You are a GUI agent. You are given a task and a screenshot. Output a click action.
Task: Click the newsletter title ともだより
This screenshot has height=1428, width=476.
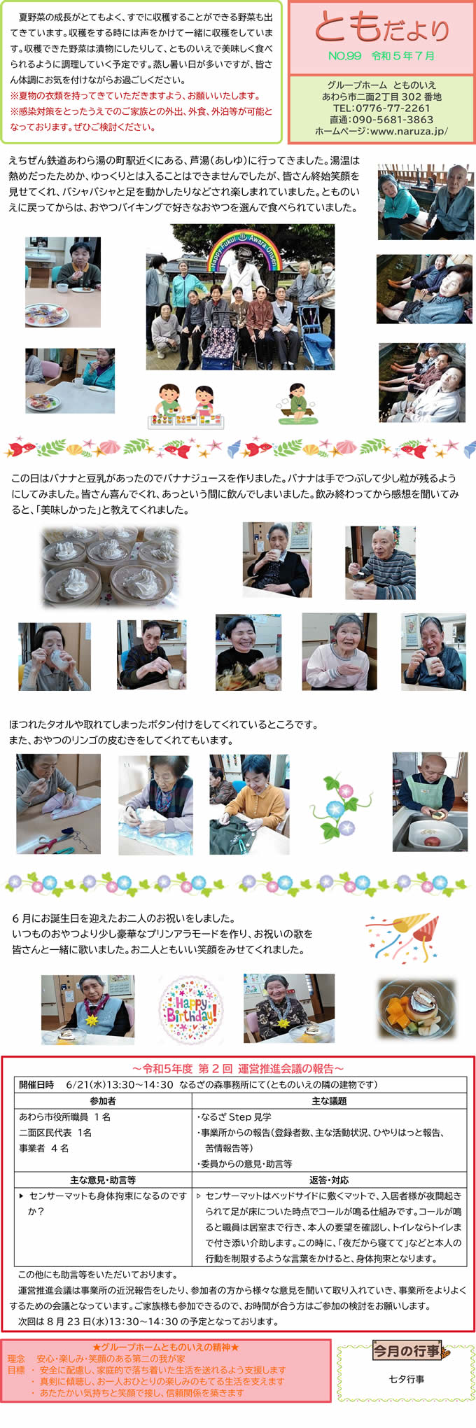coord(381,28)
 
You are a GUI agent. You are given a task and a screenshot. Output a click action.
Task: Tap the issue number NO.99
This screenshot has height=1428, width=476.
coord(344,56)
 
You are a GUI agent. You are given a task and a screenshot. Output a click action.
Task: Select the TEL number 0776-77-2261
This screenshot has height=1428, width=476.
coord(392,108)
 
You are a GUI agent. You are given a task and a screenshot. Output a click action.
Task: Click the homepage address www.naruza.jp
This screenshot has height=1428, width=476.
coord(409,131)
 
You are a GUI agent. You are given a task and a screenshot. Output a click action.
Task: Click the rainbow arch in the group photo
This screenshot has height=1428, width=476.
coord(241,248)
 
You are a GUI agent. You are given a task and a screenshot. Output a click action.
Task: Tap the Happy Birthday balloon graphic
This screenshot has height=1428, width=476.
coord(190,1009)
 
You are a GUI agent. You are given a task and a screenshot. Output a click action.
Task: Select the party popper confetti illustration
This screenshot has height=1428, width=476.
coord(402,935)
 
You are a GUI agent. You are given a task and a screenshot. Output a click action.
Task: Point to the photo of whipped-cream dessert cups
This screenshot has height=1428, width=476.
coord(110,566)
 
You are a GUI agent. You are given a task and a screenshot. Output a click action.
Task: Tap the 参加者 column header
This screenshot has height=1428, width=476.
coord(103,1101)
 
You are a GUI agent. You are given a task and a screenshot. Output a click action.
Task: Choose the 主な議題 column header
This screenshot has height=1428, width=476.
coord(329,1101)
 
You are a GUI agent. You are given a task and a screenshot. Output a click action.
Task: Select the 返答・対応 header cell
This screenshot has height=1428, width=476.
coord(329,1179)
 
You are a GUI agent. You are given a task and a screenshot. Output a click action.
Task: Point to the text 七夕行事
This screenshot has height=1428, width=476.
coord(406,1379)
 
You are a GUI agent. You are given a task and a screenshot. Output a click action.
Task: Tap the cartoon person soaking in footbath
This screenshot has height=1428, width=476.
coord(296,404)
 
